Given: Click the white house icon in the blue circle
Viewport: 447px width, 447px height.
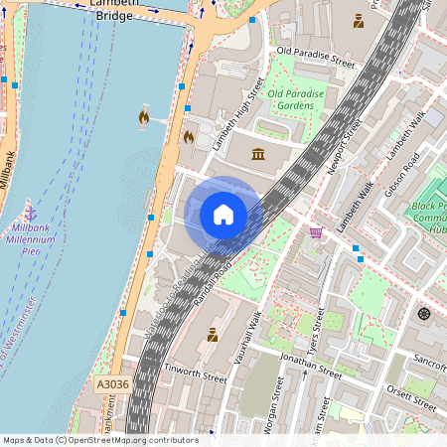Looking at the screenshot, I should (x=223, y=214).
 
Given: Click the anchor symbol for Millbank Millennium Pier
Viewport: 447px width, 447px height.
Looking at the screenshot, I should (x=30, y=213).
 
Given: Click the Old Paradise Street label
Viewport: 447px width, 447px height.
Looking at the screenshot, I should (x=315, y=56).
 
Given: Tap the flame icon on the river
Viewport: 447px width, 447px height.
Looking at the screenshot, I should (x=144, y=118).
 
